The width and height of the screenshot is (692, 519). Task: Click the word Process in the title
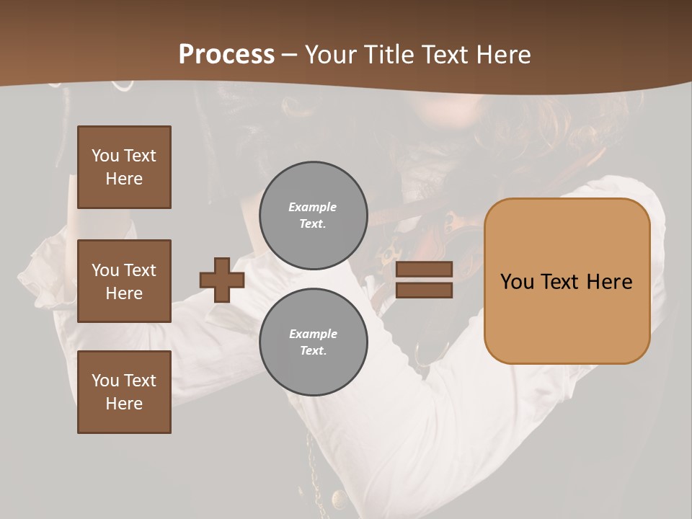pyautogui.click(x=226, y=54)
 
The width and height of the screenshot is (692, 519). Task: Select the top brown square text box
pyautogui.click(x=124, y=167)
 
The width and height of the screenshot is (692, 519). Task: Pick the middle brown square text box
pyautogui.click(x=124, y=281)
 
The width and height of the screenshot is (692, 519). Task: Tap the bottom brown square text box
pyautogui.click(x=124, y=392)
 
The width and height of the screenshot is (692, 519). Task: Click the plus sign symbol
pyautogui.click(x=222, y=280)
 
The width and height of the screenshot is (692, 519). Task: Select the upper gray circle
pyautogui.click(x=313, y=215)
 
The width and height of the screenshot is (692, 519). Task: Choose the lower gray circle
pyautogui.click(x=313, y=342)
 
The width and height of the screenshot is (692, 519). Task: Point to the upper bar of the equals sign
pyautogui.click(x=424, y=269)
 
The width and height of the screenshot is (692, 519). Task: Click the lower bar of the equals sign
pyautogui.click(x=424, y=290)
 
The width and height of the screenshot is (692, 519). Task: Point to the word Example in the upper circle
pyautogui.click(x=313, y=207)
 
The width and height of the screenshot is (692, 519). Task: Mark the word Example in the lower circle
pyautogui.click(x=313, y=334)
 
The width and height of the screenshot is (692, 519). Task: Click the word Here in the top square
pyautogui.click(x=124, y=179)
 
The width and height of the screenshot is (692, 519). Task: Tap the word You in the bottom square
pyautogui.click(x=105, y=380)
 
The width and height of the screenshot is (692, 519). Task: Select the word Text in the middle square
pyautogui.click(x=139, y=270)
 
